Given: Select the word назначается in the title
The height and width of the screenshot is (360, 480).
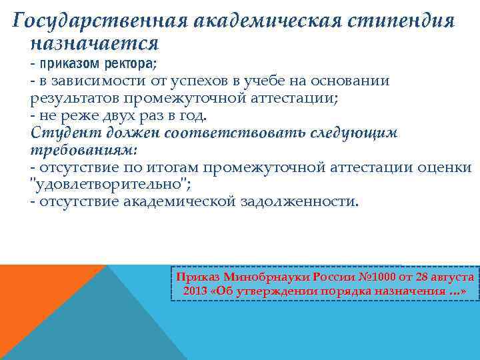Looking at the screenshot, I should [94, 45].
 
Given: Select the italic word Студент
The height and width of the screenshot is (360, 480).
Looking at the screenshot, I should [58, 132].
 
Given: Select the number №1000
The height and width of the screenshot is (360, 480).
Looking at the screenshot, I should [364, 276].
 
